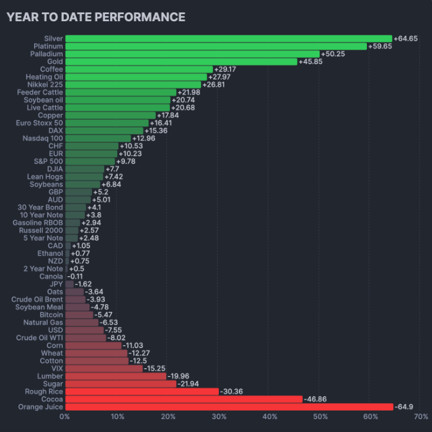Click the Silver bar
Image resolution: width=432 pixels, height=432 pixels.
(x=229, y=39)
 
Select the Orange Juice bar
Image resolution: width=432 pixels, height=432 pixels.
(x=229, y=407)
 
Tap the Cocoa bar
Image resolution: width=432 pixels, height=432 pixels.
(x=183, y=399)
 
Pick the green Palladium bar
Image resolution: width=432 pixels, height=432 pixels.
(x=192, y=54)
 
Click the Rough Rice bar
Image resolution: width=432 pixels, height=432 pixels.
(x=142, y=391)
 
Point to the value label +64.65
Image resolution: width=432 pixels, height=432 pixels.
(x=406, y=39)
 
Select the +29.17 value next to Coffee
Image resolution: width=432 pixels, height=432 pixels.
(x=226, y=70)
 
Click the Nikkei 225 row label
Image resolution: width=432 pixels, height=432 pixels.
(x=46, y=84)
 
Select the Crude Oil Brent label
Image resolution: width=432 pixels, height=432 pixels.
(x=37, y=299)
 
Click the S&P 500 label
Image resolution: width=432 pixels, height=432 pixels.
(x=49, y=161)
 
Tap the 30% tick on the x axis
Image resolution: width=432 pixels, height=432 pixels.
(x=218, y=417)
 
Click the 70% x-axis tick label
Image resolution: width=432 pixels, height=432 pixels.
(x=421, y=417)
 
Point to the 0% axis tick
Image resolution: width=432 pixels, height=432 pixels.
(x=65, y=417)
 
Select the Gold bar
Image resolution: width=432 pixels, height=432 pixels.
(x=181, y=62)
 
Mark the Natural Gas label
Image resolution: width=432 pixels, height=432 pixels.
(x=43, y=322)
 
